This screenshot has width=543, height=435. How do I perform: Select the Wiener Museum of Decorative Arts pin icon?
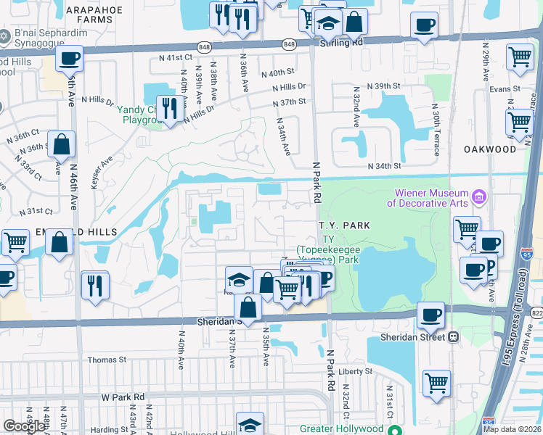(478, 196)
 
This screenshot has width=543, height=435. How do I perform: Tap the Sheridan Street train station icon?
(454, 337)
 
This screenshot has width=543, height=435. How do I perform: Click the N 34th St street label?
(385, 166)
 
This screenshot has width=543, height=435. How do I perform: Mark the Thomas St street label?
(107, 359)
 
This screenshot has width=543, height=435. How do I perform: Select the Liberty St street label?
(355, 371)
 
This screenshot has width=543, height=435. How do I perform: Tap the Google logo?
(24, 426)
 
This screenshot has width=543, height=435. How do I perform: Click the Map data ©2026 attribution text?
(511, 429)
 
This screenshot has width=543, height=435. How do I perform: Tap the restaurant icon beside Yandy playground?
(170, 109)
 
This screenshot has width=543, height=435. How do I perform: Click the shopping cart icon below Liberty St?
(436, 382)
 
